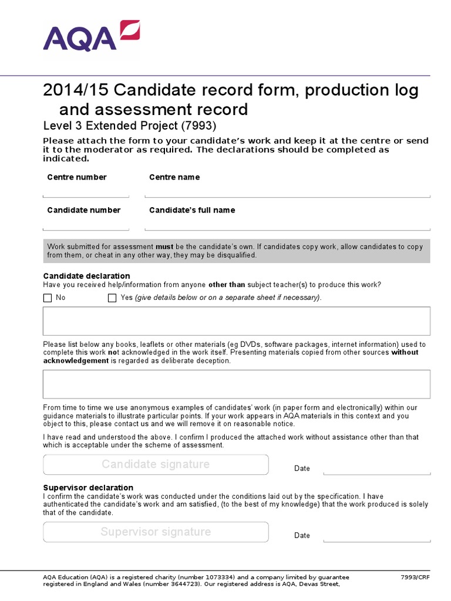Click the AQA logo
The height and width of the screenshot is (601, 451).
point(91,36)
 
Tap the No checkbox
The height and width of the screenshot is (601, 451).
point(48,298)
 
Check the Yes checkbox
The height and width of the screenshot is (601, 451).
point(112,298)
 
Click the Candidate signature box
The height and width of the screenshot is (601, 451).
point(156,464)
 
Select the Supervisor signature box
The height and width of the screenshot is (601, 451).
point(156,532)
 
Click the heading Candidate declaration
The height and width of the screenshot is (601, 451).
point(87,276)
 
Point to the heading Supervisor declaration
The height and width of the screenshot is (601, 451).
point(88,488)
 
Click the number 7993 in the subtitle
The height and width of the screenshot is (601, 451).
point(199,126)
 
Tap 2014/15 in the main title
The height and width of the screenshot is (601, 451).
point(75,90)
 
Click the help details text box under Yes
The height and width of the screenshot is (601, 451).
point(236,321)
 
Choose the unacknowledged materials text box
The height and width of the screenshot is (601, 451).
point(236,384)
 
